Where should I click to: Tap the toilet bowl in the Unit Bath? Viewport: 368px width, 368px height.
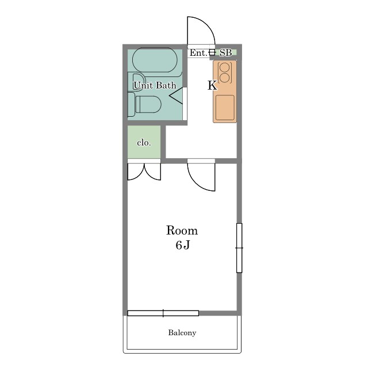tap(148, 104)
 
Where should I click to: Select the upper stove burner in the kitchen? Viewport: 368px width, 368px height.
tap(225, 67)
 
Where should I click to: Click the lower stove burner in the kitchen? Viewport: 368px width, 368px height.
tap(225, 78)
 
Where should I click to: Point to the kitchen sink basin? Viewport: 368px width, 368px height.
tap(225, 108)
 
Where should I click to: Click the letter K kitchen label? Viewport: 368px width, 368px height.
tap(212, 86)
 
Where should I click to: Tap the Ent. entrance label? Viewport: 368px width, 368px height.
tap(198, 53)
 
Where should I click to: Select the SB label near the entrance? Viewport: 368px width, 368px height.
tap(226, 53)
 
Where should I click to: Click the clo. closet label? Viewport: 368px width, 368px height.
tap(144, 143)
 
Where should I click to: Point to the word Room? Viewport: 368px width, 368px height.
tap(182, 231)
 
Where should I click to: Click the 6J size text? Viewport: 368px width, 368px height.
tap(183, 245)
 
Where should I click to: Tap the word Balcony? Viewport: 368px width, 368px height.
tap(182, 332)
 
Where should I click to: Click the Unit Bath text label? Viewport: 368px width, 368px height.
tap(155, 85)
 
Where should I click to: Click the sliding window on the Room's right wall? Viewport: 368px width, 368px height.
tap(239, 248)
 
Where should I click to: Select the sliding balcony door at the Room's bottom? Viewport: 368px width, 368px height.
tap(163, 313)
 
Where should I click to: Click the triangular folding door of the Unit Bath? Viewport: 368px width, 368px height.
tap(176, 95)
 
